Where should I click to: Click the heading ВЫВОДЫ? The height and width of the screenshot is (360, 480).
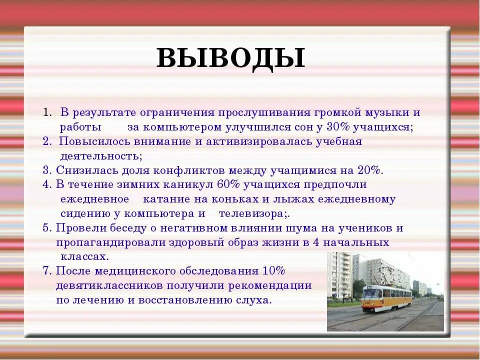pos(230,58)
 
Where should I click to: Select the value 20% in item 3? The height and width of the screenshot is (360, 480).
pos(370,170)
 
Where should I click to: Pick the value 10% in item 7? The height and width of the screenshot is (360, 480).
pos(273,271)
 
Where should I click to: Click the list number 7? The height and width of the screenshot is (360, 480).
pos(46,271)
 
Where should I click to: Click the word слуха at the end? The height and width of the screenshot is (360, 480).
pos(256,300)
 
